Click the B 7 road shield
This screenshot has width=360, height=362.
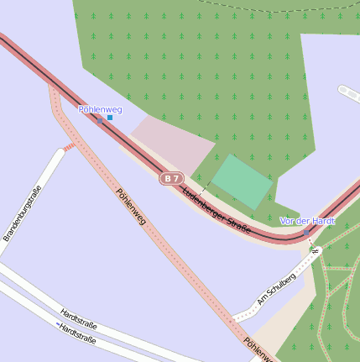coord(171,178)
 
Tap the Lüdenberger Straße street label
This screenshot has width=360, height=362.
coord(217,210)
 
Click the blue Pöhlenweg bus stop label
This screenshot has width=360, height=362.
coord(100,109)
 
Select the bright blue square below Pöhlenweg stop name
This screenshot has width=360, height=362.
coord(110,118)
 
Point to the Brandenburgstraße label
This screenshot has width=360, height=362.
coord(23,213)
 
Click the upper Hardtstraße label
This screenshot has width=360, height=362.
coord(78,320)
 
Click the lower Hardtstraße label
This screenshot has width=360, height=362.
coord(77,333)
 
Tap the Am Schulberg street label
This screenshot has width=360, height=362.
coord(276,288)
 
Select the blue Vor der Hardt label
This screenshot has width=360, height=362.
coord(307,221)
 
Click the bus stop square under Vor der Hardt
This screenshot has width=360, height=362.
coord(307,232)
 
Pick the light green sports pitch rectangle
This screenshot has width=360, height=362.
coord(242,181)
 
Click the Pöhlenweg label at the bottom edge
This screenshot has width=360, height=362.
coord(258,350)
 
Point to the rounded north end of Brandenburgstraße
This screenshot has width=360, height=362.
coord(60,153)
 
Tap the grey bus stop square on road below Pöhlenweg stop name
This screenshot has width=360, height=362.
coord(100,121)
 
